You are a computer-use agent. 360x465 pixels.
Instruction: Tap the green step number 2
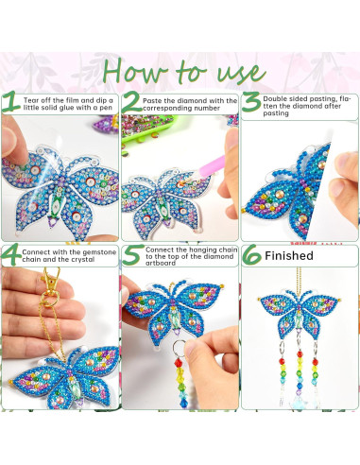tap(131, 103)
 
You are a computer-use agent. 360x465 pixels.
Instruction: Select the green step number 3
tap(250, 103)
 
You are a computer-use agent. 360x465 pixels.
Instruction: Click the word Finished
tap(289, 256)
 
